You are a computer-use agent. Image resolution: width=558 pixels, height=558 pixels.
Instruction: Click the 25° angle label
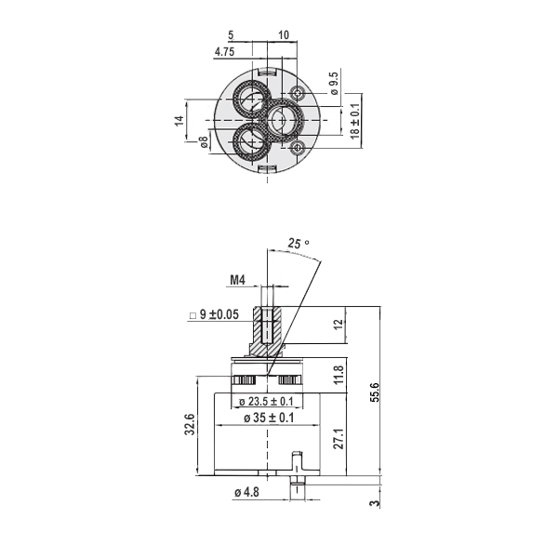coord(299,244)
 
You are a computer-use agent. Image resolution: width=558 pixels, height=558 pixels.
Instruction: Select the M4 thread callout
coord(238,280)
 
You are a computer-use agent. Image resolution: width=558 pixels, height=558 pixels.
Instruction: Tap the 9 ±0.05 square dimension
coord(215,314)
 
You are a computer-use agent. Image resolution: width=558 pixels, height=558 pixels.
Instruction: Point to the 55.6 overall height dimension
coord(375,392)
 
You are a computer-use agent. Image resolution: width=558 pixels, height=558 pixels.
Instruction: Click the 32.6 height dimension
coord(190,424)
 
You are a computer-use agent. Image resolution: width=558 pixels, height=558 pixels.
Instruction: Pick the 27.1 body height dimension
coord(339,438)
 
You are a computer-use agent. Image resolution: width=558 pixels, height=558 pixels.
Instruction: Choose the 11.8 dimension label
coord(339,375)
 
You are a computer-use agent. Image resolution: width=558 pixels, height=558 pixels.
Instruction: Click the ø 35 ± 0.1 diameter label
coord(269,418)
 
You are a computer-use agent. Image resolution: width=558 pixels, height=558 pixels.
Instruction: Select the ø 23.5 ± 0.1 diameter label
coord(266,402)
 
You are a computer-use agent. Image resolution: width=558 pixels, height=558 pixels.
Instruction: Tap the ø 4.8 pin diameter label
coord(246,493)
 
